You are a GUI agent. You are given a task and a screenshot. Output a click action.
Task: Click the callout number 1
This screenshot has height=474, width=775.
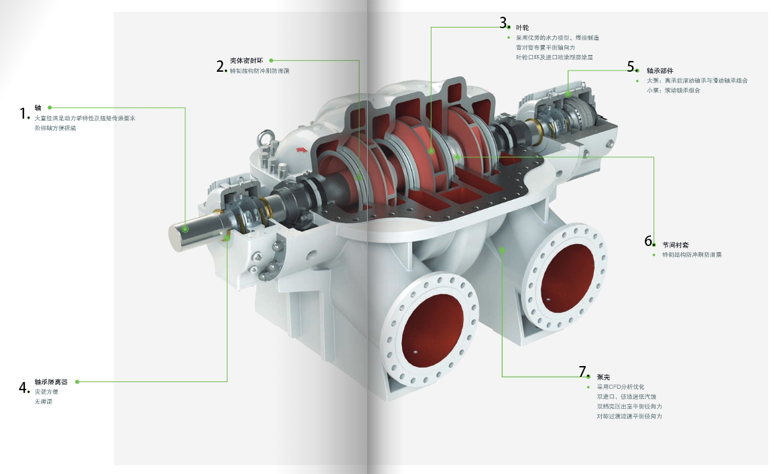click(x=23, y=113)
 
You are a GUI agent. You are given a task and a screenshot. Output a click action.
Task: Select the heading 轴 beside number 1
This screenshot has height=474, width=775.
click(x=38, y=107)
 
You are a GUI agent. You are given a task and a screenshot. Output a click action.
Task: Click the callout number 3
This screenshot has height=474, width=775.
click(x=503, y=23)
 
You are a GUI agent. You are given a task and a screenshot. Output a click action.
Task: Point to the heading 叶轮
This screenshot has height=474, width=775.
click(x=522, y=27)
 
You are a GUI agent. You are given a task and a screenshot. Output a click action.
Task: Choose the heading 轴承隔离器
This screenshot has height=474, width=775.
click(x=51, y=381)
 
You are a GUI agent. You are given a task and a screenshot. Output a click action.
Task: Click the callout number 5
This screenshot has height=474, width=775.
click(x=631, y=66)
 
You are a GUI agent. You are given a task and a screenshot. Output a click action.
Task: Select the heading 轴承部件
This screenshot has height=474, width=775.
click(x=660, y=70)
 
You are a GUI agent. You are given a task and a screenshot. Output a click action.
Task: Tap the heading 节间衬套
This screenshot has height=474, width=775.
click(x=675, y=245)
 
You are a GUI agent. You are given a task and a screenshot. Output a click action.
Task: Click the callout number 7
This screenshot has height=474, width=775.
click(x=582, y=371)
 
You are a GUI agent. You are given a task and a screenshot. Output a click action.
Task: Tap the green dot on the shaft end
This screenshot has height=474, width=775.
click(x=185, y=229)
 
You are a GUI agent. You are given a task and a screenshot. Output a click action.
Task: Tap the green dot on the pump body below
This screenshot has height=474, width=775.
click(x=503, y=249)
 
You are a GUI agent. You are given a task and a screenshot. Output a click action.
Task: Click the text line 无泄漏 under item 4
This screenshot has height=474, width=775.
click(x=43, y=401)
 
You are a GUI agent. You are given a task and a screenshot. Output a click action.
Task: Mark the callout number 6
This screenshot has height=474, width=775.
click(x=648, y=241)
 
